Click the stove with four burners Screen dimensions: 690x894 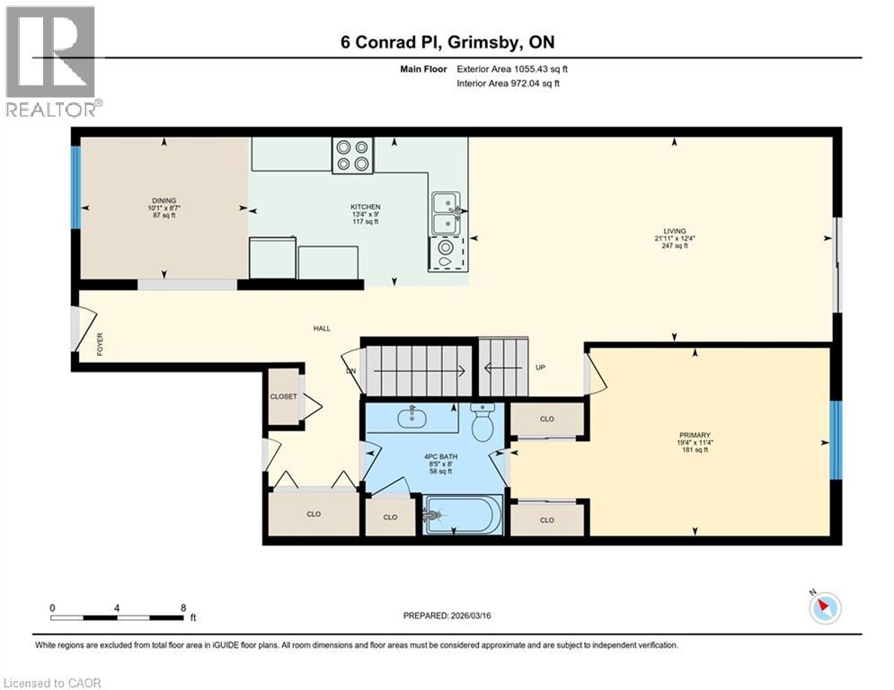click(x=352, y=155)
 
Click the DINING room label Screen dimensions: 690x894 click(x=164, y=201)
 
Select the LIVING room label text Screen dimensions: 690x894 click(x=674, y=231)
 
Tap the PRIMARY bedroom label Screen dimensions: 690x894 click(x=695, y=435)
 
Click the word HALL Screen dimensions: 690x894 click(x=322, y=328)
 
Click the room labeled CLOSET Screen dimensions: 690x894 click(x=283, y=396)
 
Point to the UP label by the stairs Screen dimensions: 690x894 click(x=541, y=367)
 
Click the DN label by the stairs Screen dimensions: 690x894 click(x=350, y=369)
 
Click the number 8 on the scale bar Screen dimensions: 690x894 click(x=183, y=607)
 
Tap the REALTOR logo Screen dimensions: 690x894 click(x=50, y=60)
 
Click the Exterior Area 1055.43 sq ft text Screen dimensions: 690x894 click(x=512, y=68)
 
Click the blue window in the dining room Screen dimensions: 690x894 click(x=76, y=186)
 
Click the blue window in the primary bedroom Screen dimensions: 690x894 click(x=836, y=440)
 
